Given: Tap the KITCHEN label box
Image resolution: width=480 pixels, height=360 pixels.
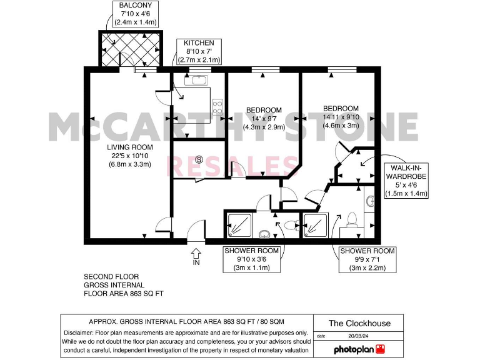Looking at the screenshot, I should (x=199, y=51).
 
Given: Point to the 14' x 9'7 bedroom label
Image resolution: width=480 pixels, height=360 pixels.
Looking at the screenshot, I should (x=264, y=118).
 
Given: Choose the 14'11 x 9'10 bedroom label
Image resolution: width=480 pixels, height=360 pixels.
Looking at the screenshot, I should (x=341, y=116).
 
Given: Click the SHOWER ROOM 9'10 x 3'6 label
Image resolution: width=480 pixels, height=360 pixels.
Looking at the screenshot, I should (x=252, y=259).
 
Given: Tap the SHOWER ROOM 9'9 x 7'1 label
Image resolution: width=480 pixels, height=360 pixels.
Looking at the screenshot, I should (x=367, y=259).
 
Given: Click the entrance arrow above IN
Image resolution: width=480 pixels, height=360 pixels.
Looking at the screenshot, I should (x=196, y=253).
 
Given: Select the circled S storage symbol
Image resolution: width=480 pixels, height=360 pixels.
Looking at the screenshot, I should (x=199, y=160).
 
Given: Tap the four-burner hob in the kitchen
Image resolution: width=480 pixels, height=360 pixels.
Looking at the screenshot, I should (x=218, y=107).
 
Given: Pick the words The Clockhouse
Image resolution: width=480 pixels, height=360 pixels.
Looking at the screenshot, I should (x=359, y=323).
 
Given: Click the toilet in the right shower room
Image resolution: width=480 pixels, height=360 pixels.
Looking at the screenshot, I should (x=352, y=218).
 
